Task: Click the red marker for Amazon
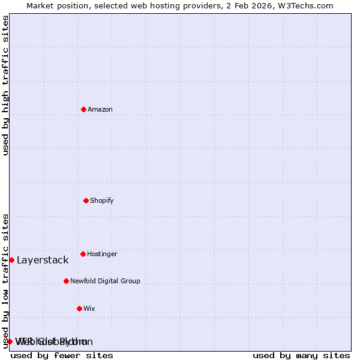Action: pos(83,109)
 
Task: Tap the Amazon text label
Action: pos(100,109)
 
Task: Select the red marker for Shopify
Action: pos(86,200)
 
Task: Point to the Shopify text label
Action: pos(102,200)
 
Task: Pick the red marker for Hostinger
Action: pos(83,254)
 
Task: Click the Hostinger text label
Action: pos(102,254)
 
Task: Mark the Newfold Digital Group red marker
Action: pos(66,281)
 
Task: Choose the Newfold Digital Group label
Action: pos(105,281)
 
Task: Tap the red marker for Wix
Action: pos(79,308)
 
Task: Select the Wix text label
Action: pos(89,308)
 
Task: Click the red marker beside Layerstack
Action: pos(11,260)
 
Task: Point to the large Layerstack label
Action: pos(43,260)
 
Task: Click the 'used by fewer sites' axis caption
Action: pos(62,355)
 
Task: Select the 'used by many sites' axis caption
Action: pos(301,355)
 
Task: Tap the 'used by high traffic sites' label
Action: pos(5,85)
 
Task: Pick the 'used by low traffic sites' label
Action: pos(5,281)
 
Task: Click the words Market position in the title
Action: pos(56,5)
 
